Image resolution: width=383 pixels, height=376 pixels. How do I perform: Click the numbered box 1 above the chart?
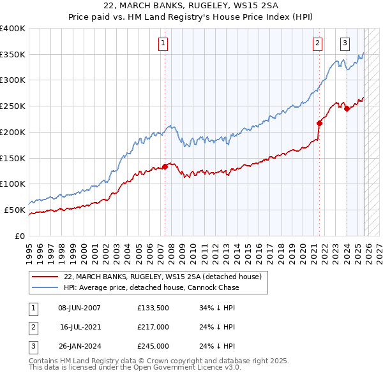coord(163,43)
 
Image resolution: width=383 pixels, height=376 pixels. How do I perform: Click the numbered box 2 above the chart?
coord(317,43)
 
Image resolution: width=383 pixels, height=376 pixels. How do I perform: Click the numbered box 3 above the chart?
coord(345,43)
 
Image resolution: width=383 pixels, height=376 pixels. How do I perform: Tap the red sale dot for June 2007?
coord(165,166)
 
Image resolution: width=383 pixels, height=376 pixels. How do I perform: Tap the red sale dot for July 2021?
coord(319,123)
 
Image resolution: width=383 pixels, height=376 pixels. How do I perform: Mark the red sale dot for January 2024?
coord(347,108)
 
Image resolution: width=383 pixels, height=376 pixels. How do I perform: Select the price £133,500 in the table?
coord(153,308)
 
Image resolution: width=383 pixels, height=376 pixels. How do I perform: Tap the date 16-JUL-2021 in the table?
coord(80,327)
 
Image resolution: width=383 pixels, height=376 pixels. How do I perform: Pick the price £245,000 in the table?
coord(153,346)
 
